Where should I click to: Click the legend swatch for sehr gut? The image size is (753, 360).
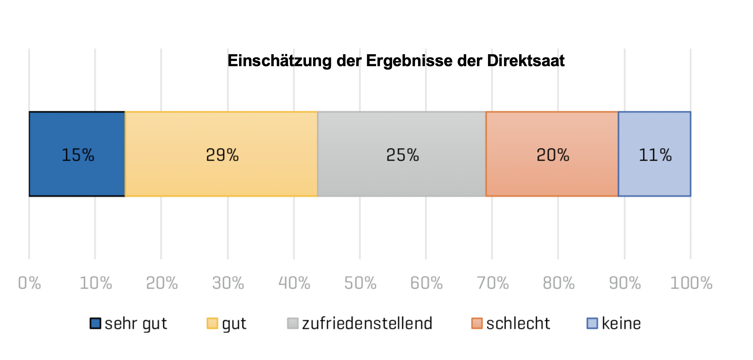click(x=95, y=323)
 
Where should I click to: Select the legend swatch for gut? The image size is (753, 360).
click(x=212, y=323)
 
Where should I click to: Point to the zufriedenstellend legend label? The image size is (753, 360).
click(x=367, y=323)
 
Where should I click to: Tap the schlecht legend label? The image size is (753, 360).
click(x=518, y=323)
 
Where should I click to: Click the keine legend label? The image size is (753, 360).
click(x=621, y=323)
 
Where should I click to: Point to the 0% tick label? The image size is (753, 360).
click(x=29, y=283)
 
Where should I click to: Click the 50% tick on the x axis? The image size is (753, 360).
click(x=360, y=283)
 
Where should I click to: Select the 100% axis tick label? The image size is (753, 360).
click(x=691, y=283)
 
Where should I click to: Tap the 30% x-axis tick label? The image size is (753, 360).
click(x=228, y=283)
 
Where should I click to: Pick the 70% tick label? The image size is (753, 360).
click(x=493, y=283)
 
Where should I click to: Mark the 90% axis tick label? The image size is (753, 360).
click(x=625, y=283)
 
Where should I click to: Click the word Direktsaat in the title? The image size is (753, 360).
click(x=526, y=61)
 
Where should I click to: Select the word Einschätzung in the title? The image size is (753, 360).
click(x=279, y=61)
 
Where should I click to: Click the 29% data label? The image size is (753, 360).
click(x=222, y=155)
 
